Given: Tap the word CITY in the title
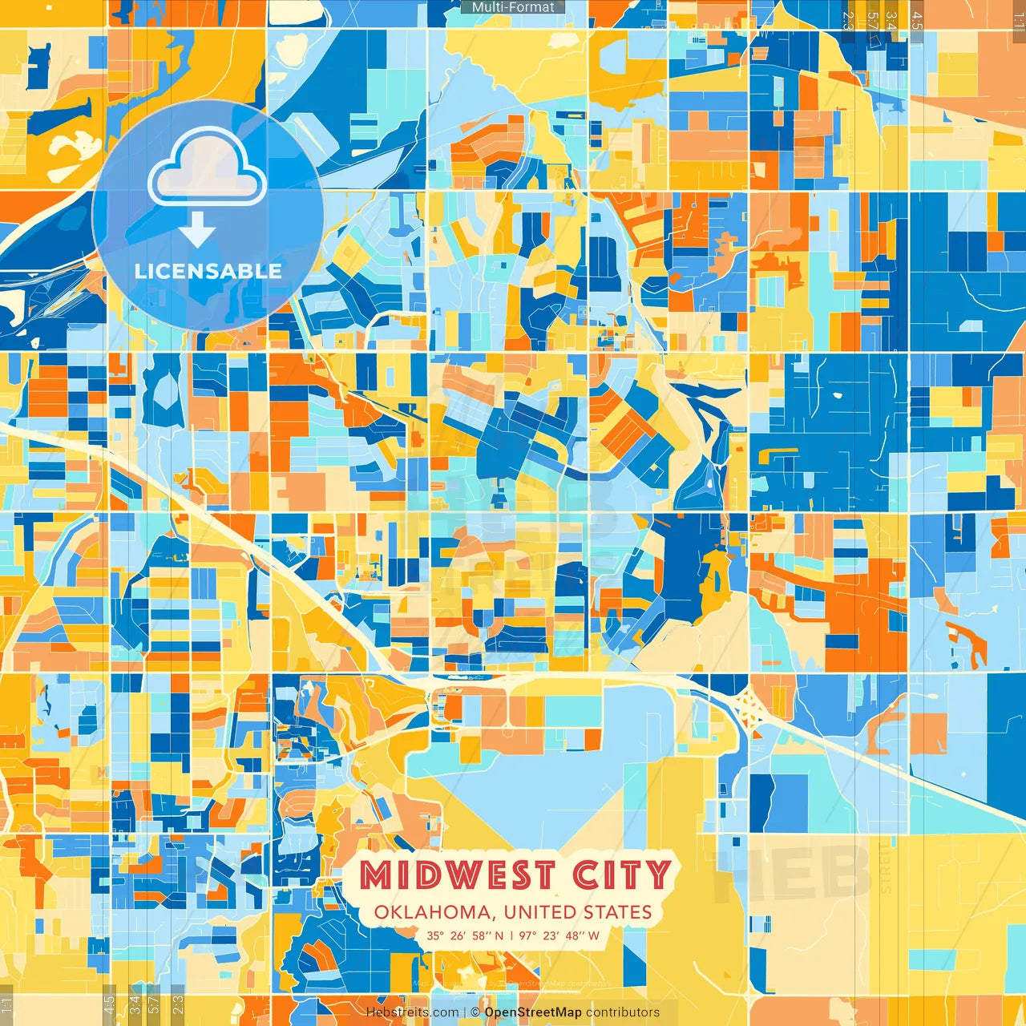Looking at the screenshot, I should click(621, 875).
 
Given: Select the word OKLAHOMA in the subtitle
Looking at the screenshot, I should click(432, 912).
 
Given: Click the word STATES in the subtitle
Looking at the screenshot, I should click(617, 912).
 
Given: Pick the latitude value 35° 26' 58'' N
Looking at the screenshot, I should click(465, 935).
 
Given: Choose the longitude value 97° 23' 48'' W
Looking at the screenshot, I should click(559, 935).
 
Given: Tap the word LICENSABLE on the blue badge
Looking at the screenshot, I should click(208, 271).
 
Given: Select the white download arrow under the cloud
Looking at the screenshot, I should click(197, 232).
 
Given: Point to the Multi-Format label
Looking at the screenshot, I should click(513, 7).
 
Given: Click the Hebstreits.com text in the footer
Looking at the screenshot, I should click(412, 1012).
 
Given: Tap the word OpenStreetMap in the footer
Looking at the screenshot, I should click(533, 1012).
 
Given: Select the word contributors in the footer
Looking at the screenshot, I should click(623, 1012).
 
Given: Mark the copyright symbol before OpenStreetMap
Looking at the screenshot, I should click(475, 1012).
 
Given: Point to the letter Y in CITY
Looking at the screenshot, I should click(658, 875).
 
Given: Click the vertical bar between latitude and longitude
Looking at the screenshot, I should click(511, 935).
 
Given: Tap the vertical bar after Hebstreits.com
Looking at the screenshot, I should click(464, 1012).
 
